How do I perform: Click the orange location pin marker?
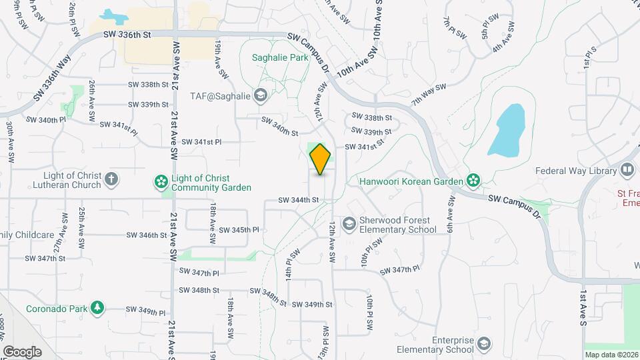coord(321,159)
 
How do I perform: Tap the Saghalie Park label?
coord(280,58)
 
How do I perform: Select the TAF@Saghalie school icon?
coord(260,96)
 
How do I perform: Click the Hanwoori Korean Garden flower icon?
coord(473,180)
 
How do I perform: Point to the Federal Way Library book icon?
coord(627,170)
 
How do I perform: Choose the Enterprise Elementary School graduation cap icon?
coord(485,344)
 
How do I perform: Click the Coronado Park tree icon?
coord(98,307)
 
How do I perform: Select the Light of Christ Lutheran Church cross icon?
coord(112,179)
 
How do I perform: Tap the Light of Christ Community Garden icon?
coord(160,181)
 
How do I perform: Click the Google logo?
coord(22,352)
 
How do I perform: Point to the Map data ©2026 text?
coord(611,355)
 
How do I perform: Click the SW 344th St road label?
coord(298,199)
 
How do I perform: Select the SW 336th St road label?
coord(125,35)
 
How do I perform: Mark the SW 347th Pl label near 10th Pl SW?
coord(399,269)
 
